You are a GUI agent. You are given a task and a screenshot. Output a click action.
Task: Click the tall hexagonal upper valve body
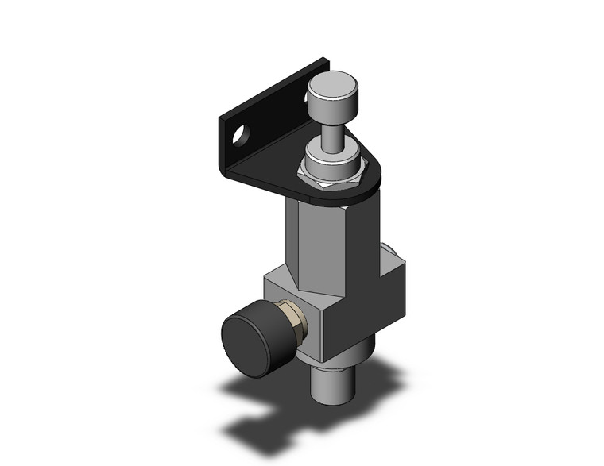318,238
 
